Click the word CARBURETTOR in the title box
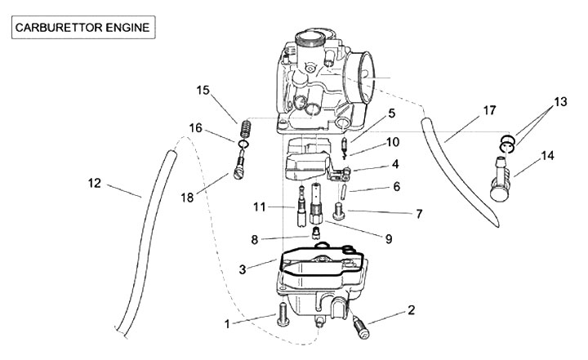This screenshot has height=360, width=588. pos(59,28)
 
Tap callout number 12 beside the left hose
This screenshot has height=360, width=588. pos(95,183)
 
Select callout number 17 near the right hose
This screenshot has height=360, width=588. pos(489,110)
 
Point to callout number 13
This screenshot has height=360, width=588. pos(560,101)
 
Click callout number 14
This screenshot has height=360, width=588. pos(547,155)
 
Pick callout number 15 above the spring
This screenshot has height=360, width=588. pos(203,91)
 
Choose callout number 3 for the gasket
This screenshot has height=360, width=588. pos(243,269)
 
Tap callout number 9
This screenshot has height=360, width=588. pos(389,239)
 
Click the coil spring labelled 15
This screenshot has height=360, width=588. pos(245,129)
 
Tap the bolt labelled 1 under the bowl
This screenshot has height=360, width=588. pos(282,315)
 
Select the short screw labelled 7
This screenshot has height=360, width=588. pos(339,211)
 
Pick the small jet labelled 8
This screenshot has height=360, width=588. pos(316,233)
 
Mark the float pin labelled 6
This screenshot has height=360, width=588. pos(343,192)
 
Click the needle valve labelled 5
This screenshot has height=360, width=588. pos(344,147)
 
